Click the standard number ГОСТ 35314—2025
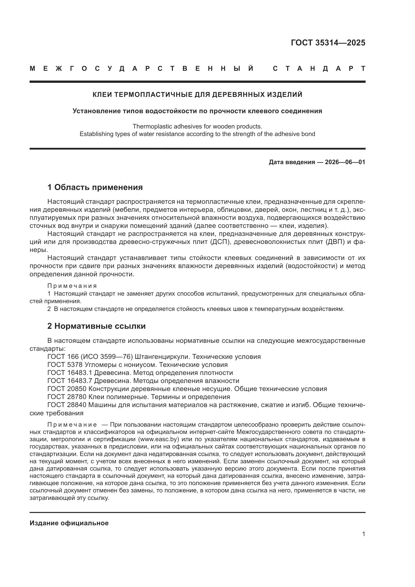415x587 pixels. click(x=328, y=43)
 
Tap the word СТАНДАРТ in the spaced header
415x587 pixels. click(x=319, y=69)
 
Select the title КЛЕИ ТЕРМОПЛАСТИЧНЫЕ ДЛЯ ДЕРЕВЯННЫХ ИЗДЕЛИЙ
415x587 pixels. click(x=197, y=95)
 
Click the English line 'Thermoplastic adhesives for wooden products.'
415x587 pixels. click(x=197, y=126)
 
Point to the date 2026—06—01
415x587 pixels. click(x=345, y=162)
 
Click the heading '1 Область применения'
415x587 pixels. click(x=95, y=187)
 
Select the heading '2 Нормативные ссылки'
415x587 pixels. click(x=96, y=326)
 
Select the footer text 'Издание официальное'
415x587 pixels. click(x=69, y=523)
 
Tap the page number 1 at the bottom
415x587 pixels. click(x=363, y=534)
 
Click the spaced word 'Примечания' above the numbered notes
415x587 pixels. click(x=72, y=286)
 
